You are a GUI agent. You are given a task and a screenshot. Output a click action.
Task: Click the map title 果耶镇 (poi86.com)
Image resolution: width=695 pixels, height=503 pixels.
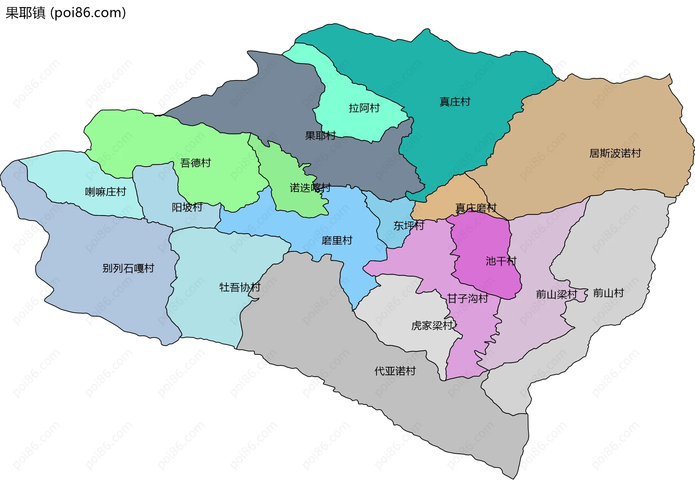(66, 13)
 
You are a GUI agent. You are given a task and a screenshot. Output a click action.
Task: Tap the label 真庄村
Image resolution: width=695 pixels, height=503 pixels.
(455, 102)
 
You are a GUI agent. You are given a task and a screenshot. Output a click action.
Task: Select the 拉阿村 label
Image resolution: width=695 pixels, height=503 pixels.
(364, 108)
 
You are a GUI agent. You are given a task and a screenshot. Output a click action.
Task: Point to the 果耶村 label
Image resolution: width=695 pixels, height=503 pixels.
(320, 136)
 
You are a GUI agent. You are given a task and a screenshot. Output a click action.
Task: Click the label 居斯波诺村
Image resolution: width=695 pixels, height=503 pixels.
(615, 153)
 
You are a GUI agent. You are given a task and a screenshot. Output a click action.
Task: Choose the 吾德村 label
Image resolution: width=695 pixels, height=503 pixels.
(195, 163)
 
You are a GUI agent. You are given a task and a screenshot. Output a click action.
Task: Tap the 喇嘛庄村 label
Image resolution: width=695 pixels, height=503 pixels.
(105, 192)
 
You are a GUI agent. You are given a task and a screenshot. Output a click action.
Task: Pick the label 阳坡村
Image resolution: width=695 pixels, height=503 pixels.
(187, 207)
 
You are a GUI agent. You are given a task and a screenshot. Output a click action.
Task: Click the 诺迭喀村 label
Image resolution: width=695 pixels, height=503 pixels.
(310, 188)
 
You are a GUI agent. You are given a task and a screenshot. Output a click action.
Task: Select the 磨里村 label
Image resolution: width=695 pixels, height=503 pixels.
(337, 240)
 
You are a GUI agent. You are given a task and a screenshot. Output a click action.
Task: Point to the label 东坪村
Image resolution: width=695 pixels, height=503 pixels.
(409, 226)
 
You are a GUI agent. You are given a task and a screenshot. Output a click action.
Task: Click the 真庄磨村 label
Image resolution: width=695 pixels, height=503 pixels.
(476, 208)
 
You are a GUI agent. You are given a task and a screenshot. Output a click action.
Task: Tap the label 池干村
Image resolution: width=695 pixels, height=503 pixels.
(501, 261)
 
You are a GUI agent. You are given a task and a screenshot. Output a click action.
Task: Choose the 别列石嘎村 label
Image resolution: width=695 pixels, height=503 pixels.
(128, 268)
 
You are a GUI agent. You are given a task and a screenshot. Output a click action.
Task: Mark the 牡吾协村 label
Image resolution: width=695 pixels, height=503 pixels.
(240, 287)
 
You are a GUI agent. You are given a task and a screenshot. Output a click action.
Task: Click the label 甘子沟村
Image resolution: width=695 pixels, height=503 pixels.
(468, 298)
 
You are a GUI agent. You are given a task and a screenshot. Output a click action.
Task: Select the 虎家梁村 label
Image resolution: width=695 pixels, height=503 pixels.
(432, 326)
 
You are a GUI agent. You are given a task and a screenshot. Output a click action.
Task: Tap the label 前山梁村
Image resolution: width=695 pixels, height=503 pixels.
(556, 294)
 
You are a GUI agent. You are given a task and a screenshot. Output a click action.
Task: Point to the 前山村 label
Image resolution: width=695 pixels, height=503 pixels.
(608, 293)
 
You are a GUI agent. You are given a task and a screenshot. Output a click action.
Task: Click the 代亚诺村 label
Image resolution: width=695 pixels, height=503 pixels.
(395, 371)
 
